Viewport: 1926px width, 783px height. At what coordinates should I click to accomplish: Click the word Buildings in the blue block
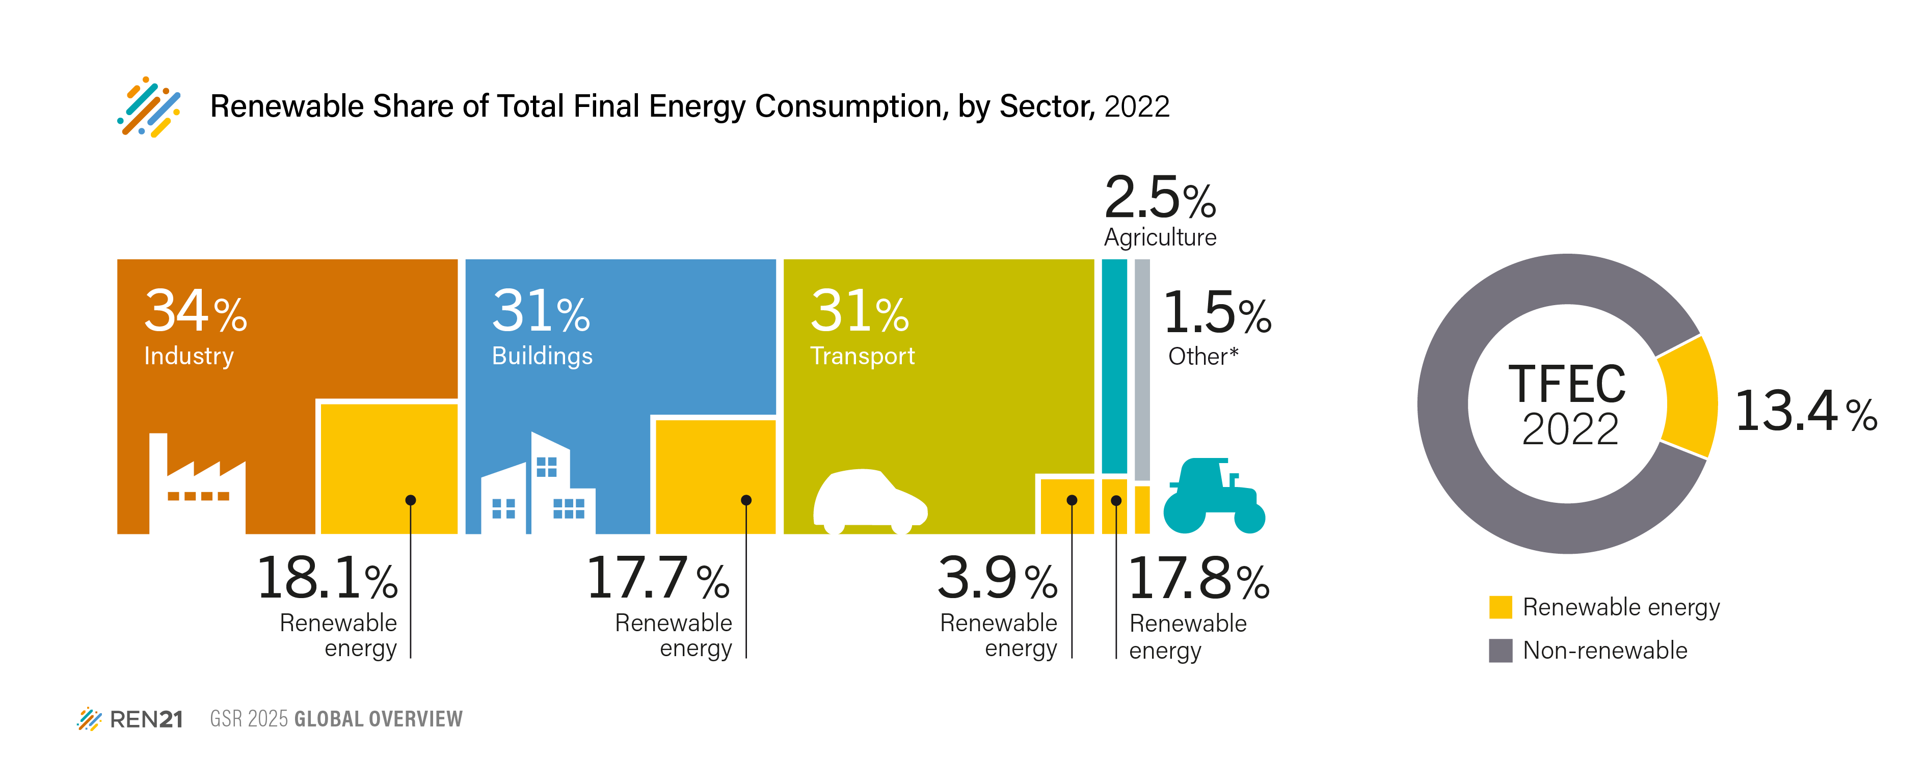[542, 356]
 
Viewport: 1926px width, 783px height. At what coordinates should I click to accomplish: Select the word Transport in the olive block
[862, 356]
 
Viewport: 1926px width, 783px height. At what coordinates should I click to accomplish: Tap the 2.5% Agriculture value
[1160, 198]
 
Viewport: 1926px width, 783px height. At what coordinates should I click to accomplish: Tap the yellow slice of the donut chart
[1690, 396]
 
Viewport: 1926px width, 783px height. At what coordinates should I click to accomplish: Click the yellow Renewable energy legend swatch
[1500, 607]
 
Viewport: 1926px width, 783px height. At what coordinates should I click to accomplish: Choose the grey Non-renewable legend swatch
[1500, 651]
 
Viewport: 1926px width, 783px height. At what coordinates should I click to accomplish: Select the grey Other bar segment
[1142, 370]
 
